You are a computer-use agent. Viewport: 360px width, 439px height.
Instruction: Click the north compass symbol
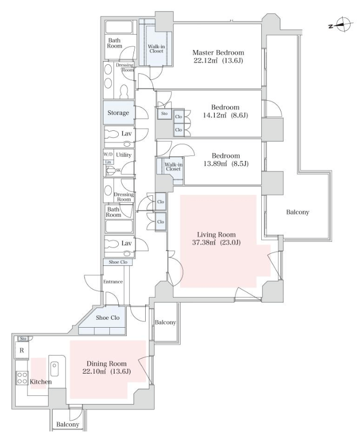tap(343, 25)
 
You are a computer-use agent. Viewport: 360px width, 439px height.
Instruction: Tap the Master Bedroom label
tap(218, 53)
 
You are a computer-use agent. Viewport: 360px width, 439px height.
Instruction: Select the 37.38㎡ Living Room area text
tap(216, 243)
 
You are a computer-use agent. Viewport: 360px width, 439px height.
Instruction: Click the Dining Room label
tap(107, 364)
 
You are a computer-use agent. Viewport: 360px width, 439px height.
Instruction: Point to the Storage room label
tap(118, 113)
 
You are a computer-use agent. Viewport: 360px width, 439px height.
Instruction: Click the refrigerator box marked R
tap(22, 350)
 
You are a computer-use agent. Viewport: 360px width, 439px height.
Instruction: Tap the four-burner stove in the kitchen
tap(22, 378)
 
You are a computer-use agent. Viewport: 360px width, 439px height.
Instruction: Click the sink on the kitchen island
tap(54, 369)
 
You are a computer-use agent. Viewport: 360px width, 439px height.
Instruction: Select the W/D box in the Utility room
tap(108, 154)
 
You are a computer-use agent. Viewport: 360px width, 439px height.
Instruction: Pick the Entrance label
tap(113, 282)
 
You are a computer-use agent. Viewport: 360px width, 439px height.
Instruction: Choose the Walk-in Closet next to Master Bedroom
tap(156, 49)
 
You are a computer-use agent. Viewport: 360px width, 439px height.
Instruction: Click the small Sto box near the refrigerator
tap(23, 339)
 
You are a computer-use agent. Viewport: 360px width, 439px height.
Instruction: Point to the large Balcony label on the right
tap(298, 212)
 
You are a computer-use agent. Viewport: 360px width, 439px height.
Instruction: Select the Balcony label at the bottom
tap(68, 424)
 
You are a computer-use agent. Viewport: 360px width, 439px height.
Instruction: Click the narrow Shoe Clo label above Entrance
tap(118, 262)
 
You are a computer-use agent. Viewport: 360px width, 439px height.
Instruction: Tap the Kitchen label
tap(41, 382)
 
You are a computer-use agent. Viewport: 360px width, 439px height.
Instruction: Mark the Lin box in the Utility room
tap(108, 162)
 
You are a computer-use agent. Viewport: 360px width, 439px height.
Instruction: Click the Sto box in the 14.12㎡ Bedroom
tap(164, 113)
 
